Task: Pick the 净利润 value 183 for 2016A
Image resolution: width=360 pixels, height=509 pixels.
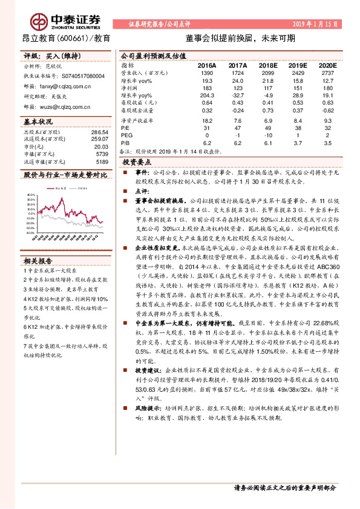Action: (206, 87)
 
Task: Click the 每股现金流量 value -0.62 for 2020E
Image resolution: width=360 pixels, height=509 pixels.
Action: (324, 111)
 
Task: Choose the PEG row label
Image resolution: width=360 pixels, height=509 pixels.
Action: (126, 136)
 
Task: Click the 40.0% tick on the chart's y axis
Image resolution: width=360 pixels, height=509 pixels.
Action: (29, 198)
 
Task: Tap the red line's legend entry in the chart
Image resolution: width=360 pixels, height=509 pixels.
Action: (59, 189)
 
